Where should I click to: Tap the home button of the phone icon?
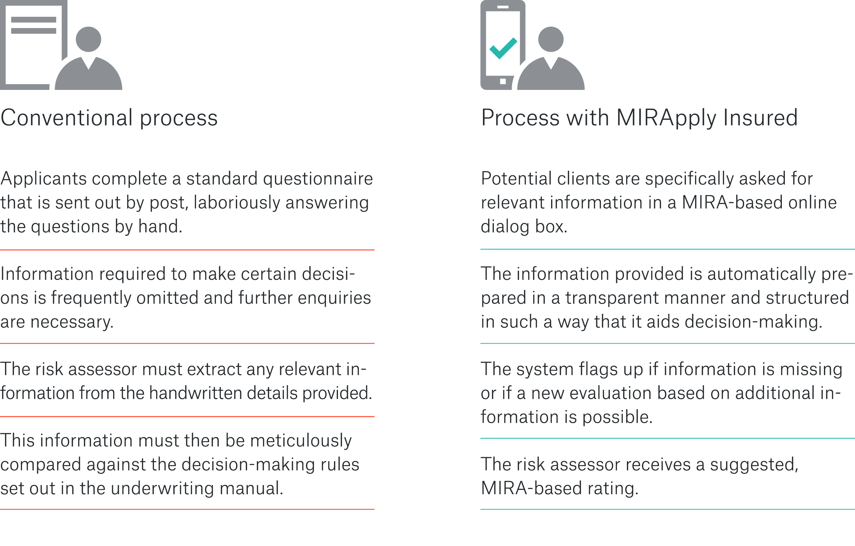(x=503, y=81)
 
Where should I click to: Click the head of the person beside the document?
(x=89, y=39)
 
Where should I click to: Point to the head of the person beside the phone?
(x=551, y=39)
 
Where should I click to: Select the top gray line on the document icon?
(x=34, y=19)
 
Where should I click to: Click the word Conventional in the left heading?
(x=66, y=118)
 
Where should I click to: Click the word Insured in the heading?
(x=760, y=118)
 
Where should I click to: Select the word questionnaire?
(x=318, y=179)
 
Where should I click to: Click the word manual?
(x=251, y=489)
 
